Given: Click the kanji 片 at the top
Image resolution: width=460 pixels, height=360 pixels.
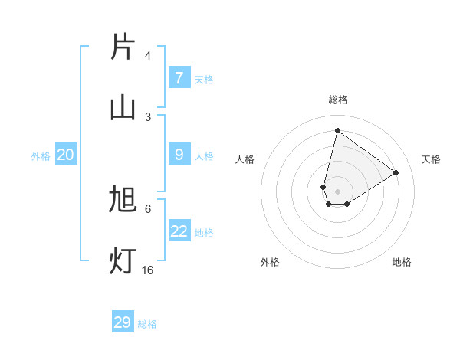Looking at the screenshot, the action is (123, 47).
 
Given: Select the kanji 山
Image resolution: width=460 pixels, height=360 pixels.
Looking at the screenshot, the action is (123, 107).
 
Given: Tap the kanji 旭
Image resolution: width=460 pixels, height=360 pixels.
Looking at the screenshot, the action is (123, 200).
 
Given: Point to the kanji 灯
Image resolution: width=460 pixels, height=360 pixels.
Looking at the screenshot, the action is (123, 260).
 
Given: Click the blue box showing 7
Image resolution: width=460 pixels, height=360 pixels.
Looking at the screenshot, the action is (179, 78).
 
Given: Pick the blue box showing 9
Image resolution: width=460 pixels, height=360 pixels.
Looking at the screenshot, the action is (179, 155).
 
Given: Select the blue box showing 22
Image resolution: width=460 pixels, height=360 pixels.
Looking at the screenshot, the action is (179, 232).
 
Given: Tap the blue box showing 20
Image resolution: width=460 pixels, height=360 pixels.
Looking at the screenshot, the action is (66, 155).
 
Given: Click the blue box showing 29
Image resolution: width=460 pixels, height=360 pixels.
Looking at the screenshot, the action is (123, 322).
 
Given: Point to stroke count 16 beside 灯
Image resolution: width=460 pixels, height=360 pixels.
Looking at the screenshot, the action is (147, 270).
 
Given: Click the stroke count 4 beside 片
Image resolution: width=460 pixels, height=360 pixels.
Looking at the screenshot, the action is (147, 55).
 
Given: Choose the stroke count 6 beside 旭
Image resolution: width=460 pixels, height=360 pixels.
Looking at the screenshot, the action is (147, 208).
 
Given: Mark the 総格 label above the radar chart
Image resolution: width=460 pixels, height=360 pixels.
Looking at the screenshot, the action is (338, 100).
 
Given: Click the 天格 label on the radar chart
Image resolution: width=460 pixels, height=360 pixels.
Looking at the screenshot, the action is (431, 159).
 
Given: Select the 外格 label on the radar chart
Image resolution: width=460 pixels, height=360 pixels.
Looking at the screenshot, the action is (270, 262).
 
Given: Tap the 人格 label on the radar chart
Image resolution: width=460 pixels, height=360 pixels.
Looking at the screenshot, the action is (245, 159).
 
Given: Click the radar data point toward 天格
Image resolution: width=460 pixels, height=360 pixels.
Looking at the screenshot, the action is (396, 172).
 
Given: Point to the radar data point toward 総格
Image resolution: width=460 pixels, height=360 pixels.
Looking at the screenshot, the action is (337, 129).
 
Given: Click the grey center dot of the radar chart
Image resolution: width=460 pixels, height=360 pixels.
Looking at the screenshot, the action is (337, 191).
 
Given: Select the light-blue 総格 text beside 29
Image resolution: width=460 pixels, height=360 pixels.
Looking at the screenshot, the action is (147, 324).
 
